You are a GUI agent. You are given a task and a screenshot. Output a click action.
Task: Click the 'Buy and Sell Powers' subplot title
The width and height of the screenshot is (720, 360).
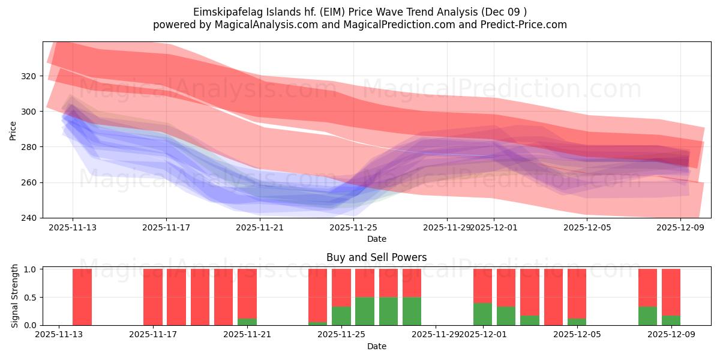tap(376, 257)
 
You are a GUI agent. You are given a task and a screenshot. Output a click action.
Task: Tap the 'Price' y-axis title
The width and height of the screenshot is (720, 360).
tap(13, 130)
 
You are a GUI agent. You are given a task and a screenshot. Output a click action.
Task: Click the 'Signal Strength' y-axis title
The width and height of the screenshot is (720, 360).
tap(15, 297)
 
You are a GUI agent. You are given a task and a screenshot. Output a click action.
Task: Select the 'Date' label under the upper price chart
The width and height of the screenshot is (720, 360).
tap(376, 239)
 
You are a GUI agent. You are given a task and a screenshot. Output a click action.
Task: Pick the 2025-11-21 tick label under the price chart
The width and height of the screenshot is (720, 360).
tap(260, 227)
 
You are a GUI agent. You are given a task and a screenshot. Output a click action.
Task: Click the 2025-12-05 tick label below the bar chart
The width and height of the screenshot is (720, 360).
tap(577, 335)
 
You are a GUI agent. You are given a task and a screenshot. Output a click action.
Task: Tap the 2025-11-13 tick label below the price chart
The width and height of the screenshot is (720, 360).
tap(73, 227)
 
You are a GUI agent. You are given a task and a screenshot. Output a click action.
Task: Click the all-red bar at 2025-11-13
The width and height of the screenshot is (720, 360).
tap(82, 297)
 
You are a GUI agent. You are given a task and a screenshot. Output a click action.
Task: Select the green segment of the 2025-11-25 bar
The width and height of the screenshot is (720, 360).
tap(341, 316)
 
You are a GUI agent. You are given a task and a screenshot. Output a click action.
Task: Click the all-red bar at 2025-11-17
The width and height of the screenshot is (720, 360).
tap(153, 297)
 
